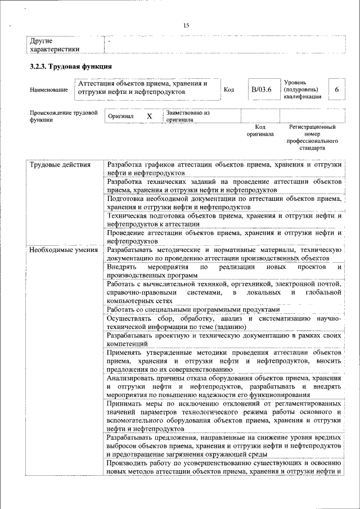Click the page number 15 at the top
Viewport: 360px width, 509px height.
[186, 25]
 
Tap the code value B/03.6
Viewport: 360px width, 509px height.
[262, 89]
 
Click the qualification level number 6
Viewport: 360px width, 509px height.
[336, 89]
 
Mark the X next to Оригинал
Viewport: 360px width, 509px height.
[149, 116]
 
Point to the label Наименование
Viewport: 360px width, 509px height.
[49, 90]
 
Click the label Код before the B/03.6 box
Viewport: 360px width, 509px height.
[229, 90]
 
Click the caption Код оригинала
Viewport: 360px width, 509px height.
[260, 130]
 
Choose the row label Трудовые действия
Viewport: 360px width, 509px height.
[60, 165]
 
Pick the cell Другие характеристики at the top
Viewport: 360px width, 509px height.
[55, 45]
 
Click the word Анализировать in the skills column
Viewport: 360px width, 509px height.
[134, 379]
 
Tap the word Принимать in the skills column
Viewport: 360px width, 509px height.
[127, 404]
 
